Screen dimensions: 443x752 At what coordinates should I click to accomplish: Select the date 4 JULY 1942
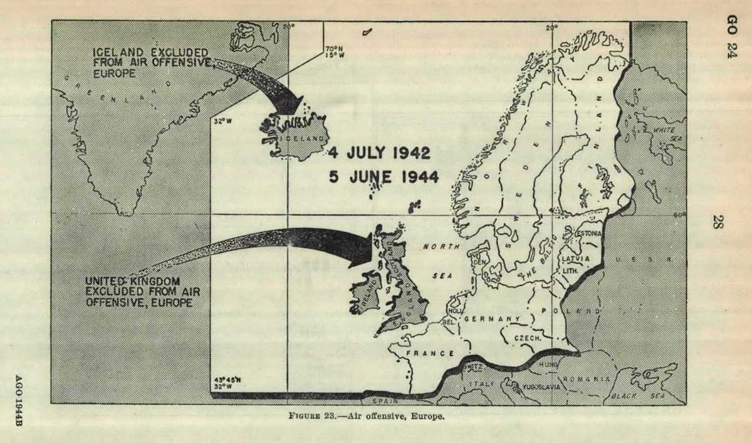pos(379,152)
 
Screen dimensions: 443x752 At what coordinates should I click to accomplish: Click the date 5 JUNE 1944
pos(384,176)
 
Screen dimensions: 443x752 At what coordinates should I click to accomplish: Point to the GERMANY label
pos(492,319)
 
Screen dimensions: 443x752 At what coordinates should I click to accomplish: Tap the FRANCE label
pos(430,353)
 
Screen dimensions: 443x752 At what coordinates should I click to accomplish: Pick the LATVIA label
pos(575,259)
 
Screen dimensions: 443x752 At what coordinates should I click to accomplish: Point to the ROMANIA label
pos(586,379)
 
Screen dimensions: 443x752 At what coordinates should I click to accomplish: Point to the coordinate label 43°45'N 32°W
pos(222,382)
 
